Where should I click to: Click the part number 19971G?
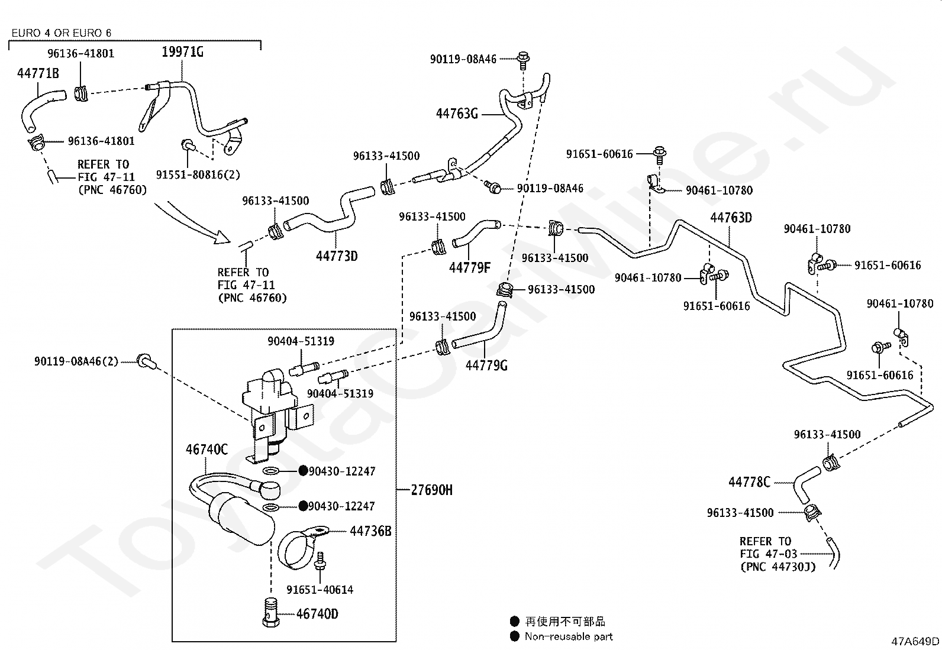tap(182, 52)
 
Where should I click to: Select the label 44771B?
tap(38, 73)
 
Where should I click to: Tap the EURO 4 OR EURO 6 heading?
tap(62, 33)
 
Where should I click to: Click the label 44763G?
tap(457, 114)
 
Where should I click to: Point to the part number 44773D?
tap(337, 256)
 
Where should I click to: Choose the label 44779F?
tap(469, 267)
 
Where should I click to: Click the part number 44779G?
tap(486, 365)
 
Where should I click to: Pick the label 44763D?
tap(731, 218)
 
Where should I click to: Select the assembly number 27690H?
tap(431, 490)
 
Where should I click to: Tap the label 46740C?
tap(207, 449)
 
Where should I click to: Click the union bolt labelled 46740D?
tap(270, 612)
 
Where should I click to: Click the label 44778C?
tap(749, 482)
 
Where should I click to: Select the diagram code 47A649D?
tap(915, 641)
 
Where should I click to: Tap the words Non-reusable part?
tap(569, 636)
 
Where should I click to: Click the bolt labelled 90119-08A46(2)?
tap(146, 361)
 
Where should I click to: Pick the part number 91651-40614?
tap(320, 590)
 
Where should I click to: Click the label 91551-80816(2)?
tap(198, 174)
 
